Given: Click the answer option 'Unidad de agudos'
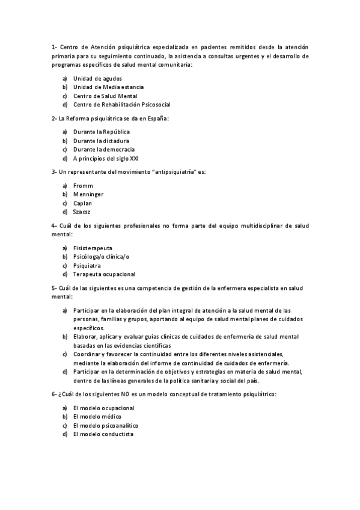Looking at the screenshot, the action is pos(97,78).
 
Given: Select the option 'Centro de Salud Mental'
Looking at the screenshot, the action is pos(105,96).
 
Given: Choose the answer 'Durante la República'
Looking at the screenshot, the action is pos(102,131).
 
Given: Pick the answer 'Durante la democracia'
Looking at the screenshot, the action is pos(104,149).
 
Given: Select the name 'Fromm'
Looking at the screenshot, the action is pos(83,185).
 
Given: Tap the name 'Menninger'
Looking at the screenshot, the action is pos(88,194).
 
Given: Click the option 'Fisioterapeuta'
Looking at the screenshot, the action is pos(93,248).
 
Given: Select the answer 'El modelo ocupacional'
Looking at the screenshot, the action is pos(103,407).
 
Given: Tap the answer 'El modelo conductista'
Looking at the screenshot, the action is pos(103,434).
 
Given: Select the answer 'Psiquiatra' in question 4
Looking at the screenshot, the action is pos(87,265).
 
